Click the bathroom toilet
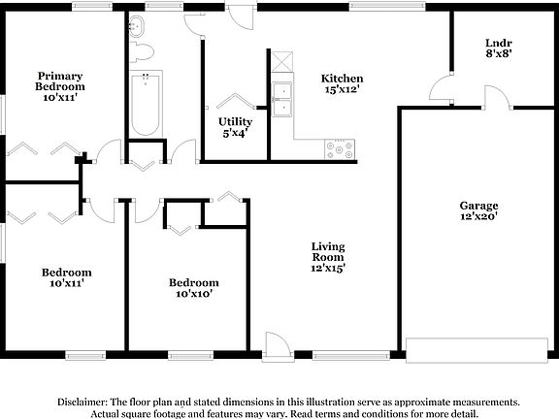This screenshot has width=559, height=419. tap(141, 49)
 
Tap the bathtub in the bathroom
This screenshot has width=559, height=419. tap(146, 105)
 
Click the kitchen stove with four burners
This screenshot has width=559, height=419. tap(342, 149)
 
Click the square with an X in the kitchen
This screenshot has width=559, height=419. tap(281, 61)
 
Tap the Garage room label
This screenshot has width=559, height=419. tap(478, 206)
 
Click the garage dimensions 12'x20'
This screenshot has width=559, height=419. tap(478, 218)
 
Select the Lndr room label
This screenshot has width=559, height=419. tap(498, 43)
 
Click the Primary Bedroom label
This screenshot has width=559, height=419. tap(59, 81)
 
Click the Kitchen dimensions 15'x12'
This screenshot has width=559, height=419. tap(343, 90)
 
